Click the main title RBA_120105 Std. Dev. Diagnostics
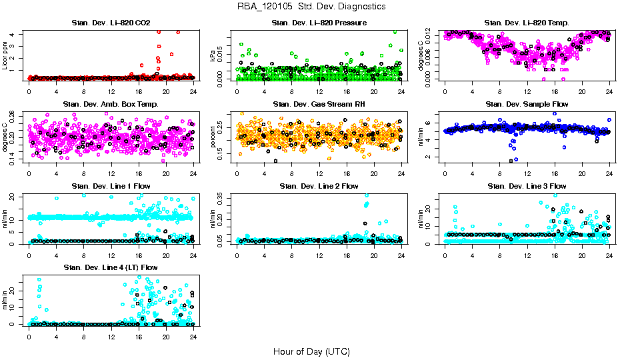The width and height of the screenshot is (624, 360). pos(311,6)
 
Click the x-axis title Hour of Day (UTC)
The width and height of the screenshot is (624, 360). pos(311,351)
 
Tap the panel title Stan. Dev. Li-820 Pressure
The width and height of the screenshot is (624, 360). pos(319,23)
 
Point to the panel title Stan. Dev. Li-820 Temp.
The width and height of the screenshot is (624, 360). pos(527,23)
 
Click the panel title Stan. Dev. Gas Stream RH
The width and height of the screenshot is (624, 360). pos(319,104)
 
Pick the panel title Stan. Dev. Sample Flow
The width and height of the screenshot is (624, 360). pos(527,104)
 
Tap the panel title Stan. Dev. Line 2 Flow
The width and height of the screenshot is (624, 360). pos(319,186)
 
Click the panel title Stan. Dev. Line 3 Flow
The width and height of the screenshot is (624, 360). pos(527,186)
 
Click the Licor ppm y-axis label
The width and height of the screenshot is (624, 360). pos(5,55)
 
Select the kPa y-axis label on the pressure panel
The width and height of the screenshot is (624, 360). pos(213,56)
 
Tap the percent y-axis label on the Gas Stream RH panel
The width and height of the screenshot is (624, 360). pos(213,137)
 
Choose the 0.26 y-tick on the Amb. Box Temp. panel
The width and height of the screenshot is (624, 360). pos(14,114)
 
